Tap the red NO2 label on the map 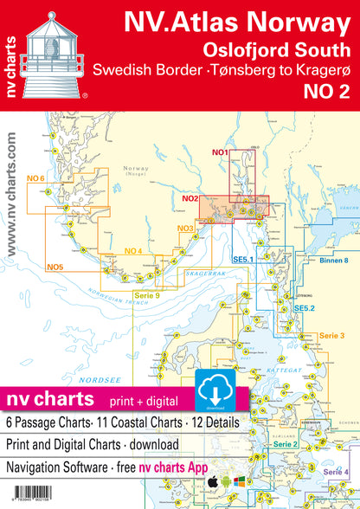[191, 199]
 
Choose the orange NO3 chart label [183, 228]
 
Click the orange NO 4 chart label [133, 251]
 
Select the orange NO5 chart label [55, 266]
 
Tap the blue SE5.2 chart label [302, 308]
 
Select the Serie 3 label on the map [331, 334]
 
